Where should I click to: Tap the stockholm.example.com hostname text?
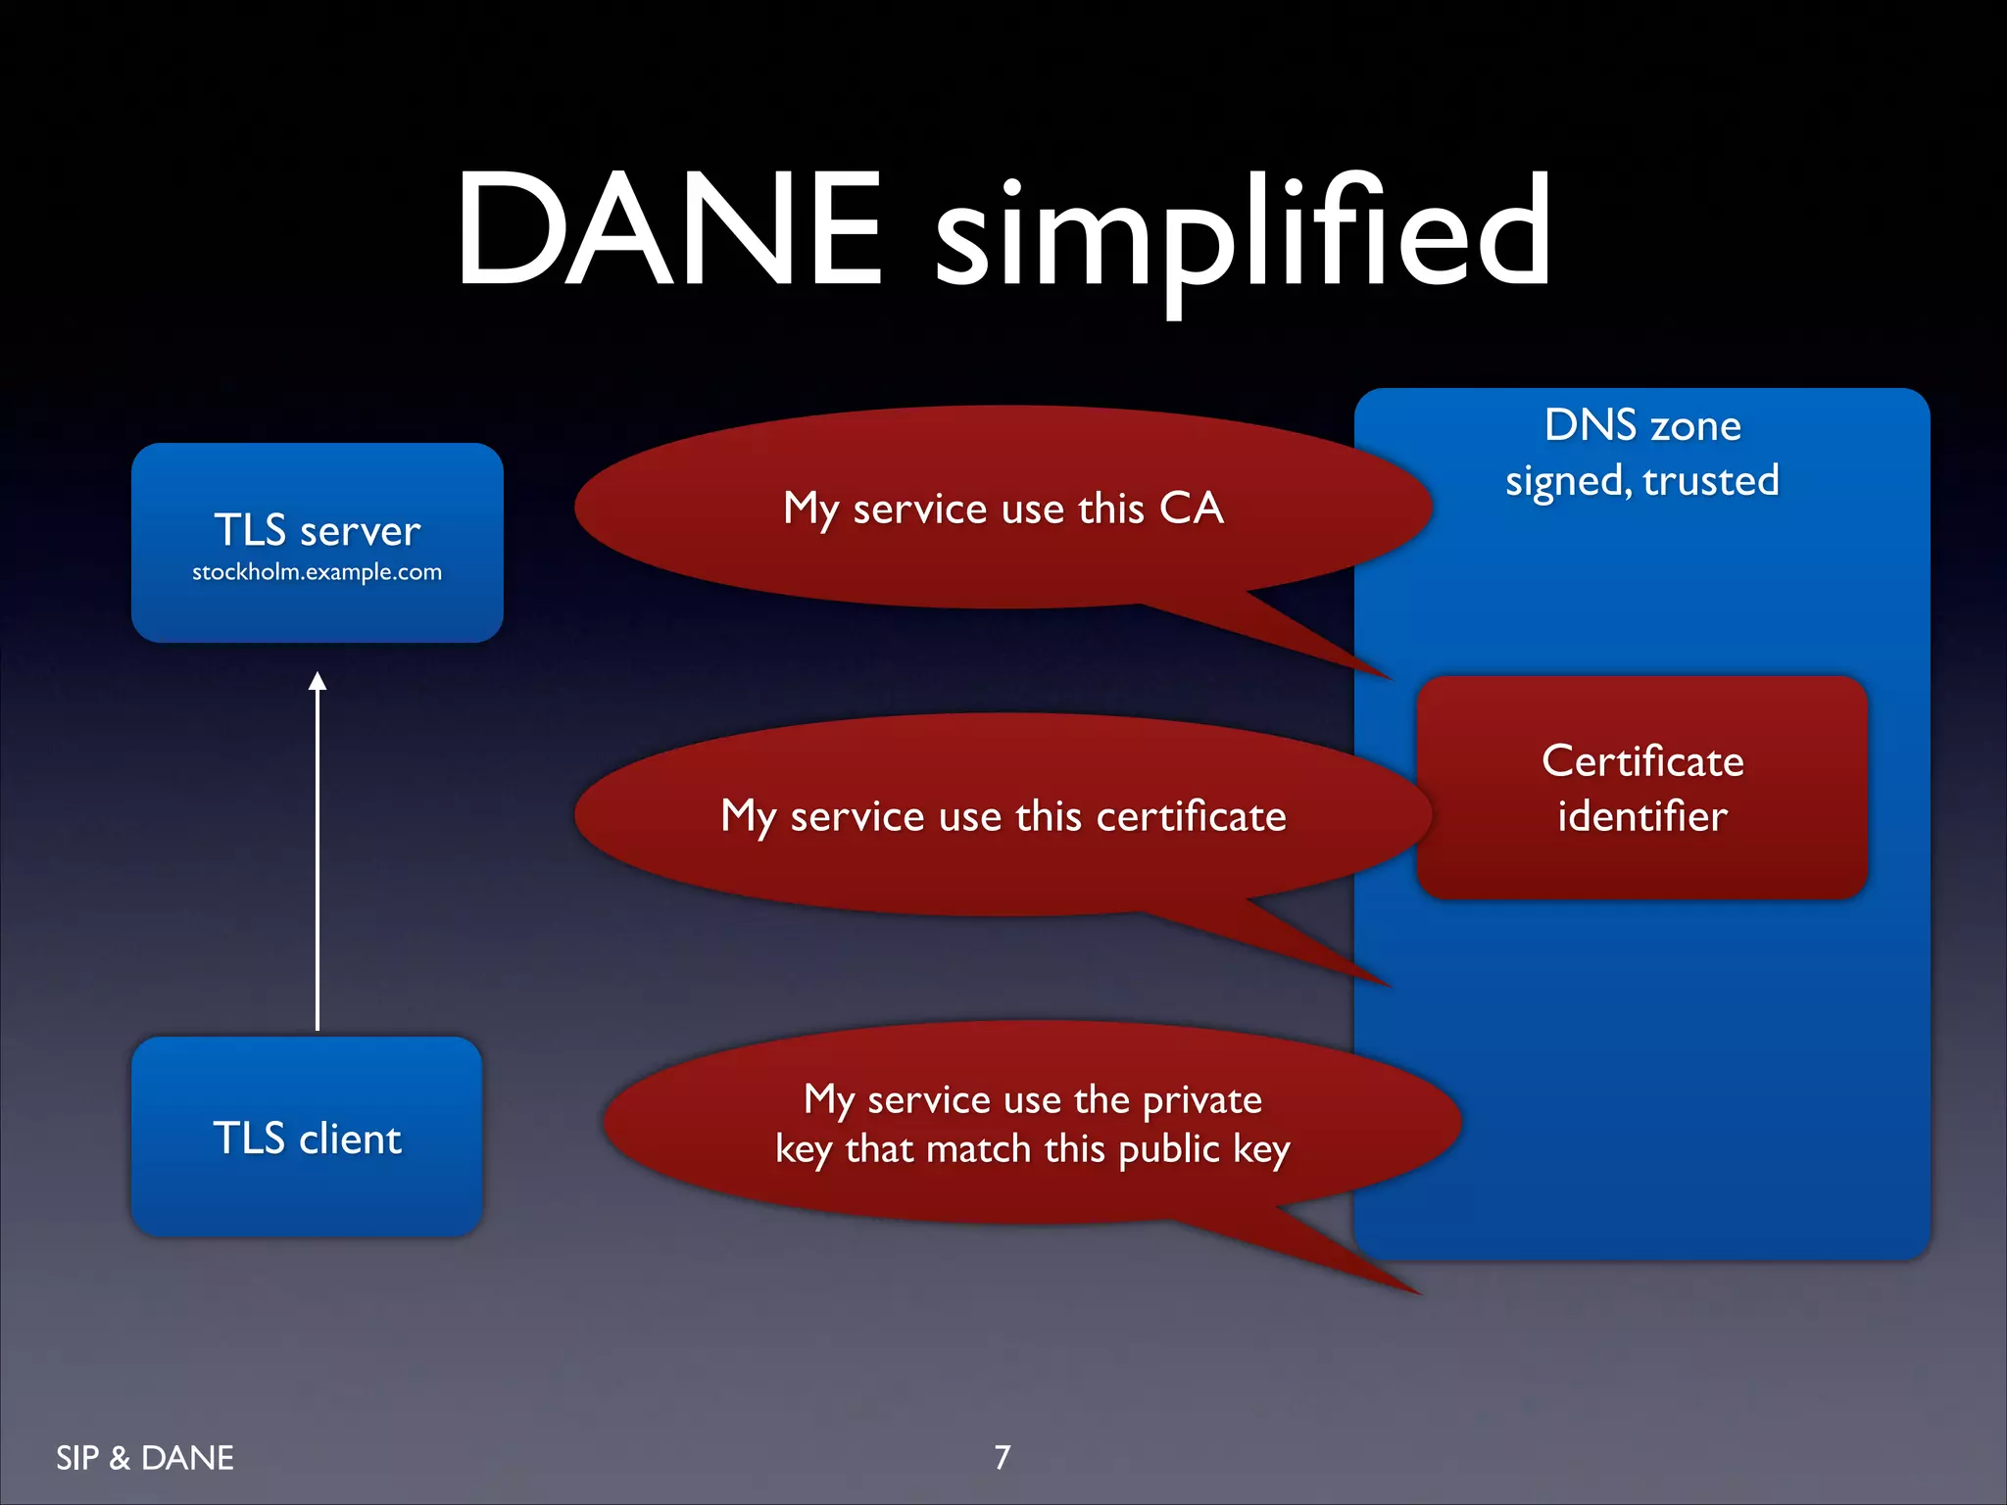(x=317, y=572)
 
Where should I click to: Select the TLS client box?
(x=307, y=1137)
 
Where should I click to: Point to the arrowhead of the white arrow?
(x=317, y=681)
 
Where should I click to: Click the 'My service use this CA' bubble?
(x=1003, y=508)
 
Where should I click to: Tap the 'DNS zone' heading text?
(x=1642, y=425)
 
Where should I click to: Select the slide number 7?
(x=1002, y=1457)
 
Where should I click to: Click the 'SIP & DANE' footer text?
(x=145, y=1458)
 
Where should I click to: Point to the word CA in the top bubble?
(x=1191, y=508)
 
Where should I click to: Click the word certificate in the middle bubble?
(x=1191, y=816)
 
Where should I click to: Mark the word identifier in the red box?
(x=1642, y=816)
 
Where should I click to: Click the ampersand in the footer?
(x=120, y=1458)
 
